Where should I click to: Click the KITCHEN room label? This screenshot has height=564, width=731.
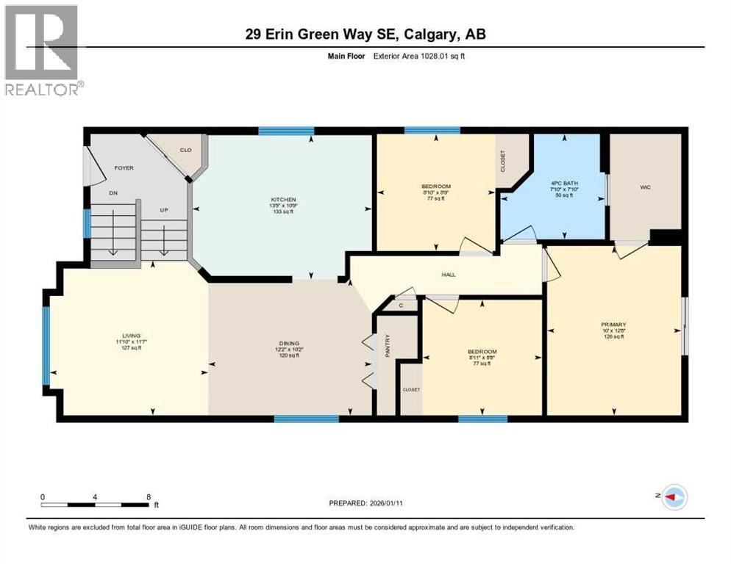[282, 199]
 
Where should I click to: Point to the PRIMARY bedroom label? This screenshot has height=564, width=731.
[613, 324]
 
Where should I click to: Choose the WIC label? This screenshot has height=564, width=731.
[646, 187]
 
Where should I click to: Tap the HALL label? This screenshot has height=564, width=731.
[448, 275]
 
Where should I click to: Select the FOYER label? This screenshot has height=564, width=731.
[123, 167]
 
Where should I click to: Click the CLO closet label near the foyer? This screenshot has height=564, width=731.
[186, 150]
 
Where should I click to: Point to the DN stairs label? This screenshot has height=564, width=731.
[113, 193]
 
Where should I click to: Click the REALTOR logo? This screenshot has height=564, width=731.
[43, 51]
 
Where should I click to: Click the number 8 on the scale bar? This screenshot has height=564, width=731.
[149, 496]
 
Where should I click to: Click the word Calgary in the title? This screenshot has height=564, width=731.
[435, 34]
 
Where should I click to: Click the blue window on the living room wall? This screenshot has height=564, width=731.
[47, 346]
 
